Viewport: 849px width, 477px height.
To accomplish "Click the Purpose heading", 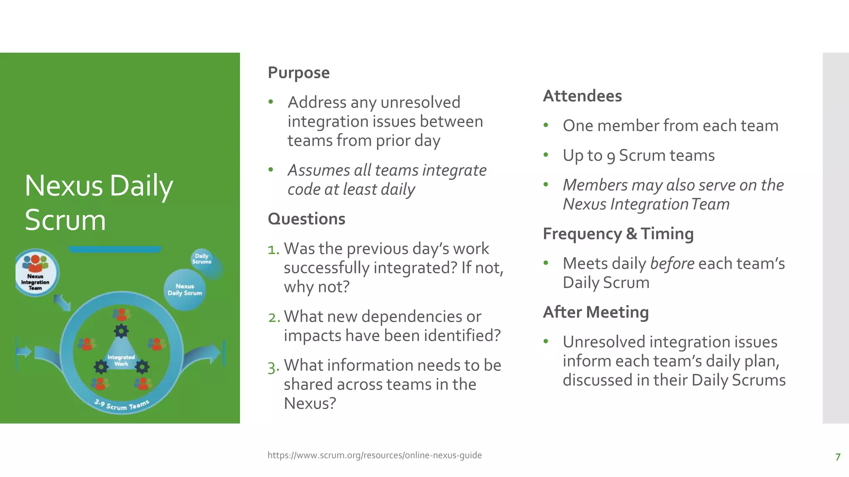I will coord(298,73).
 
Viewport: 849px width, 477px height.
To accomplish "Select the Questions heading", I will coord(306,219).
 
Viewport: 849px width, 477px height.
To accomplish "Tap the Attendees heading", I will coord(582,96).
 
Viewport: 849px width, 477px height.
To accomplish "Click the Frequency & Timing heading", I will coord(618,234).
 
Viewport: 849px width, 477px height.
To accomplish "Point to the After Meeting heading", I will coord(596,312).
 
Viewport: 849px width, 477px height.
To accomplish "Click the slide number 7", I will coord(838,457).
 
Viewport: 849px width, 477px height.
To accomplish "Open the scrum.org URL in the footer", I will coord(374,455).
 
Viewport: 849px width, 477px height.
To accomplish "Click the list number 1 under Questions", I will coord(273,250).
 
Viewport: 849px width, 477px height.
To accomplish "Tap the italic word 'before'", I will coord(672,264).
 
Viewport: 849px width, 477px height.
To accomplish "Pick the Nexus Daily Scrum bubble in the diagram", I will coord(184,289).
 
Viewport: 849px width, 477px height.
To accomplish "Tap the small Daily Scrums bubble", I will coord(201,259).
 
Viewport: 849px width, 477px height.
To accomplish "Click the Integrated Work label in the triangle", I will coord(121,360).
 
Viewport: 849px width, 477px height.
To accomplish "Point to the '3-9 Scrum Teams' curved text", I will coord(121,405).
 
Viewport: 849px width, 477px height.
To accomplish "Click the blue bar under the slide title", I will coord(115,249).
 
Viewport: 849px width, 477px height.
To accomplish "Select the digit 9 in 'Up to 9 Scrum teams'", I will coord(611,157).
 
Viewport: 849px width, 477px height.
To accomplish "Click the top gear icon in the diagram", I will coord(121,331).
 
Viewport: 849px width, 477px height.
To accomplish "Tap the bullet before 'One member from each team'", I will coord(546,125).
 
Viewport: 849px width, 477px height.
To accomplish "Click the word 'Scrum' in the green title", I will coord(65,220).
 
